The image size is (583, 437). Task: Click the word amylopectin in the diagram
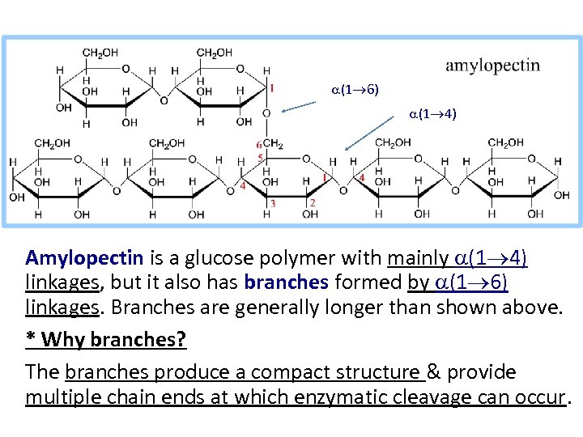(x=492, y=66)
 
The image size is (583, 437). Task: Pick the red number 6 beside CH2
(x=259, y=145)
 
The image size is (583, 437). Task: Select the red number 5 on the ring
(x=260, y=157)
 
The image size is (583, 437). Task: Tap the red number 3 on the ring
(x=273, y=204)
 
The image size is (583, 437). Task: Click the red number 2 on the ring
(x=313, y=202)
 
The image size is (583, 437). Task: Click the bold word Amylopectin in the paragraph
(x=84, y=258)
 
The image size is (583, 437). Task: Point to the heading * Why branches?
(x=106, y=339)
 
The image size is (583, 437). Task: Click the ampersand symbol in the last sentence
(x=434, y=371)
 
